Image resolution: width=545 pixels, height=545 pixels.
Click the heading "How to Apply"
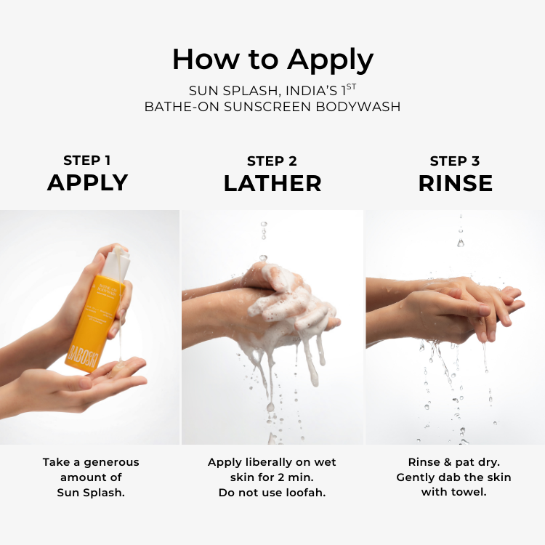coord(272,59)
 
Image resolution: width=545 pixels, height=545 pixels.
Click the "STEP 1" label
coord(87,161)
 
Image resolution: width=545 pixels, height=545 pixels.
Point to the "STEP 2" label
coord(272,161)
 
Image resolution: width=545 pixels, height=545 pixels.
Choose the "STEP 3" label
coord(455,161)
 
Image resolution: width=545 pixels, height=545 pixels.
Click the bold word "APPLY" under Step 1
coord(87,183)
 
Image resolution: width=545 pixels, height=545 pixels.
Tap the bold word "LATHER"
coord(272,184)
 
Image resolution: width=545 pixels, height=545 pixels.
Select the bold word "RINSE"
coord(455,184)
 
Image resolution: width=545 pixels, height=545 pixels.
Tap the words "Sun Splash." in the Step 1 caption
coord(91,493)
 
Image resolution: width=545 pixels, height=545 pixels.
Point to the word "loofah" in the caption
coord(306,493)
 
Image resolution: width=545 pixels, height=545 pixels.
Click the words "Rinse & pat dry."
coord(455,462)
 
